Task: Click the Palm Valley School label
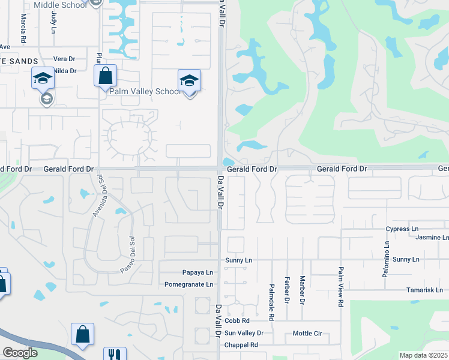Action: (x=144, y=92)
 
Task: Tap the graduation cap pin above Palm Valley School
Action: (x=189, y=80)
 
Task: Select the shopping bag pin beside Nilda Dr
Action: (x=105, y=76)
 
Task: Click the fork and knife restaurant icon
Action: (x=115, y=354)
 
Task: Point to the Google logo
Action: (x=20, y=353)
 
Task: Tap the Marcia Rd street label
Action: (x=23, y=27)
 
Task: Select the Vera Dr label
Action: (x=64, y=59)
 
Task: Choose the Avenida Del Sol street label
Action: (x=95, y=199)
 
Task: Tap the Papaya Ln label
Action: (x=194, y=272)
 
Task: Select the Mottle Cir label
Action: (x=307, y=333)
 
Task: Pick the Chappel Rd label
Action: (x=241, y=345)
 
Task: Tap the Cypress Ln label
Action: (x=402, y=229)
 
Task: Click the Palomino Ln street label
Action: (x=387, y=259)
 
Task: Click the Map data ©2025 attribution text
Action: (x=423, y=355)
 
